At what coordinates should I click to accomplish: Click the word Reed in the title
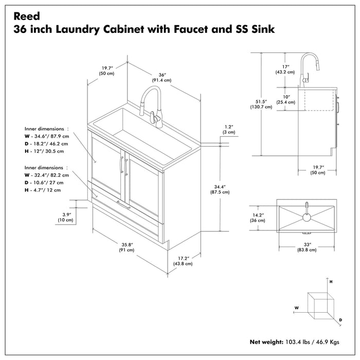(x=25, y=16)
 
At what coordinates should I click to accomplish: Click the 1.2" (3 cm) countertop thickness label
(x=229, y=129)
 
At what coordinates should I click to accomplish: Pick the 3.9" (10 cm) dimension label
(x=65, y=217)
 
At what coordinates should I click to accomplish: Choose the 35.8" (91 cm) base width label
(x=127, y=246)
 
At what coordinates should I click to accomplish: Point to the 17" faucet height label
(x=285, y=69)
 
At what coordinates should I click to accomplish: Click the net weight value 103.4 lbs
(x=297, y=341)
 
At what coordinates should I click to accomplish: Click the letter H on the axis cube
(x=331, y=282)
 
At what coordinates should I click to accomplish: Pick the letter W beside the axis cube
(x=297, y=308)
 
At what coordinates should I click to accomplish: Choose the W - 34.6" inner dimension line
(x=46, y=136)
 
